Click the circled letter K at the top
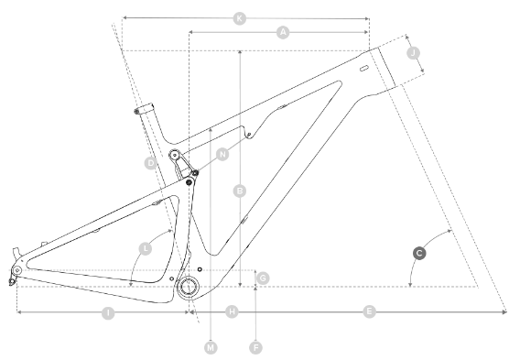240,17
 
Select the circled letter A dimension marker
283,32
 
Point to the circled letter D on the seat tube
150,163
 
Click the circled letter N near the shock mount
222,155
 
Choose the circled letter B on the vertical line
240,191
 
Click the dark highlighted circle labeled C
418,252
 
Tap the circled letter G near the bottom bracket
262,277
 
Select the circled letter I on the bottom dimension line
108,312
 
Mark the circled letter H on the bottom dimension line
232,312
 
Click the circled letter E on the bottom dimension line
369,312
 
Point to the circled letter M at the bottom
211,347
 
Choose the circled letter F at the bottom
255,347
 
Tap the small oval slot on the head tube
364,69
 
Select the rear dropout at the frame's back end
14,273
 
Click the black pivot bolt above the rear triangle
190,181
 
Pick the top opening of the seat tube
141,108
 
